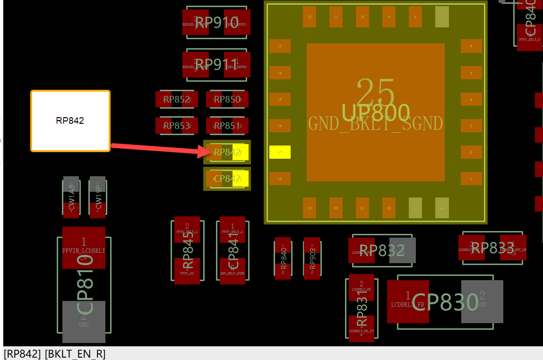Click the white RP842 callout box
click(x=70, y=121)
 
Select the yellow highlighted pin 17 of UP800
click(x=280, y=152)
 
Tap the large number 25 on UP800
click(x=376, y=92)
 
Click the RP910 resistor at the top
click(x=216, y=22)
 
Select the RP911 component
click(x=216, y=64)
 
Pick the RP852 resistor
click(x=176, y=99)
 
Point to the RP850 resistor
click(x=227, y=99)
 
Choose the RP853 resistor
click(x=176, y=126)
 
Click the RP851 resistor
click(x=227, y=126)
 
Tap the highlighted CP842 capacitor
click(x=227, y=179)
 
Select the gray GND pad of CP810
click(x=84, y=322)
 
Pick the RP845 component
click(x=187, y=250)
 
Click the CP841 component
click(x=233, y=250)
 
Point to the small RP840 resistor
click(x=283, y=258)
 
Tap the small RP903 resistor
click(x=312, y=258)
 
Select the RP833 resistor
click(x=492, y=248)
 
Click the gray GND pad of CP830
click(x=482, y=301)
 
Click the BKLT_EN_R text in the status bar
click(x=75, y=354)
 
